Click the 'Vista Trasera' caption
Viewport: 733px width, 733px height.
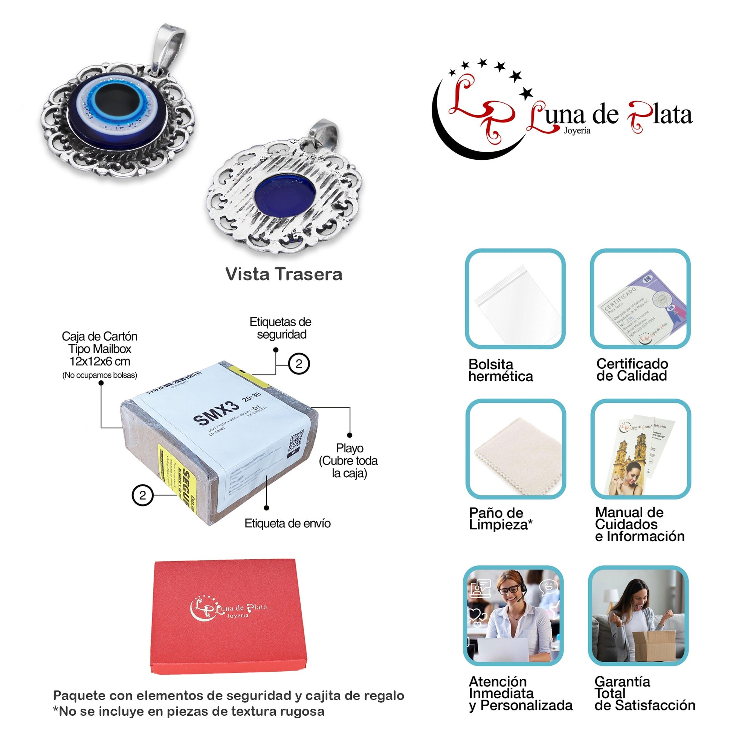coord(284,274)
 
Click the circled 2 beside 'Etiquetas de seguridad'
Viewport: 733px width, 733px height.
coord(299,364)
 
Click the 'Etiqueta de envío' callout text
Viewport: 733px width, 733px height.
coord(287,524)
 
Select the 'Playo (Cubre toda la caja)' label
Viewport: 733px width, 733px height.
coord(349,461)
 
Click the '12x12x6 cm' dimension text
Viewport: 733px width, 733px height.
coord(100,361)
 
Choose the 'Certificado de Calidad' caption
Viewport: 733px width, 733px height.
coord(632,370)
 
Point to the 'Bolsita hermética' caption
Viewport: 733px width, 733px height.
coord(501,370)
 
